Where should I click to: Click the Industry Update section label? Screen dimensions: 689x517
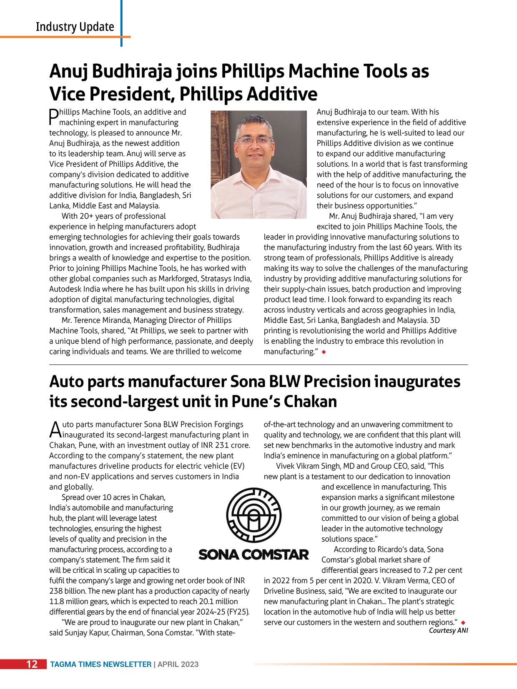click(75, 27)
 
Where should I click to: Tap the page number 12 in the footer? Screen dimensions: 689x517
click(32, 664)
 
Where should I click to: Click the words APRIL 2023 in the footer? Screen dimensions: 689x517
click(178, 664)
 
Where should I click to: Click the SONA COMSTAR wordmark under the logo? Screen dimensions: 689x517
click(253, 554)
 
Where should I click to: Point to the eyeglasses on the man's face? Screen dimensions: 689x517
click(253, 140)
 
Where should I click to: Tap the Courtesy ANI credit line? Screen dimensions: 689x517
click(448, 630)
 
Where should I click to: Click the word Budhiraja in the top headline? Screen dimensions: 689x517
click(131, 72)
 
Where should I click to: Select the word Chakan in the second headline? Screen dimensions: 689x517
click(310, 402)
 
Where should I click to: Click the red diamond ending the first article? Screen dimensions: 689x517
click(324, 352)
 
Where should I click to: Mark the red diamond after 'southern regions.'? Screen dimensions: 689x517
click(463, 623)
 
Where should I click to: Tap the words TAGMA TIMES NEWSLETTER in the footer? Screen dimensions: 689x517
click(100, 664)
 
